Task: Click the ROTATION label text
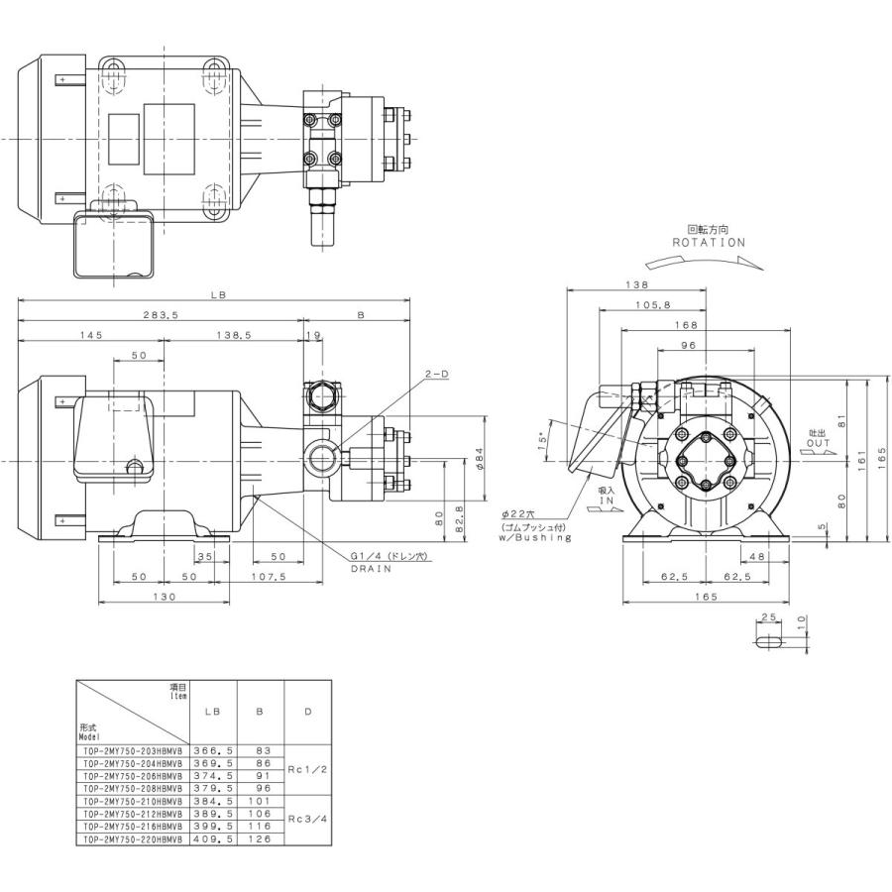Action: (708, 242)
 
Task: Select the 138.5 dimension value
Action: (235, 336)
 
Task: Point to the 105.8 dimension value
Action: (654, 305)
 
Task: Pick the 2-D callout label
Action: (437, 375)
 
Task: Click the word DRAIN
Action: (368, 571)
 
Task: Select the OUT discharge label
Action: (818, 443)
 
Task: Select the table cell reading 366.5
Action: (212, 751)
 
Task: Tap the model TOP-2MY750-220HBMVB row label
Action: (130, 838)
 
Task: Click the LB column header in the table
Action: (212, 712)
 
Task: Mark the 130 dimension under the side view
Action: (164, 597)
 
